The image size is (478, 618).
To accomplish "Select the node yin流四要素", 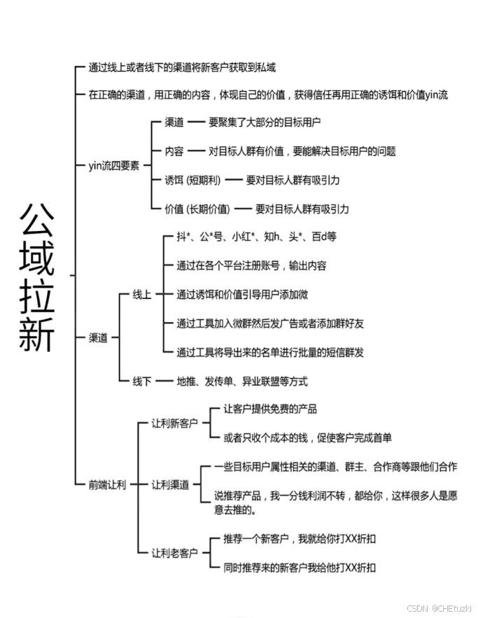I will click(x=114, y=165).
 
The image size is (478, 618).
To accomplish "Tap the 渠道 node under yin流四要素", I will click(x=174, y=122).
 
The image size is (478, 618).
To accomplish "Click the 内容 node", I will click(x=174, y=151).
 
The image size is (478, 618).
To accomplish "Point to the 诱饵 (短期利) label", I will click(x=192, y=180).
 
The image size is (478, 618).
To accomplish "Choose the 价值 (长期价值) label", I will click(x=197, y=209).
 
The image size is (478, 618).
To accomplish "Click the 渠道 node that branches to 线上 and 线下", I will click(x=98, y=337).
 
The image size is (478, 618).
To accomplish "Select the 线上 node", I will click(x=142, y=295).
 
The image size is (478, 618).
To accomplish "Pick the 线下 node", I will click(x=142, y=381).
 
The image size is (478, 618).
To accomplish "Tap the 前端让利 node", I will click(x=107, y=484).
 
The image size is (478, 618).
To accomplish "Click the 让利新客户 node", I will click(x=175, y=423).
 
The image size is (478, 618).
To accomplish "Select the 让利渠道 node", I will click(x=171, y=484).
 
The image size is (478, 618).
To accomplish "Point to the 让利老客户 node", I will click(x=175, y=553).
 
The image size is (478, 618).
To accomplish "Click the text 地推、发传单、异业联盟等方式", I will click(x=242, y=381).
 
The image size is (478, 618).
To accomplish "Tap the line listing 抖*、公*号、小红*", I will click(x=256, y=237).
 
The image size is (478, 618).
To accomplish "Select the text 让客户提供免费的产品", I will click(x=270, y=409).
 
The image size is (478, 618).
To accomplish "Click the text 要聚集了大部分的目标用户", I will click(x=265, y=122).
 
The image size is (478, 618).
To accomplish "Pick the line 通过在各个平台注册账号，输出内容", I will click(x=251, y=266).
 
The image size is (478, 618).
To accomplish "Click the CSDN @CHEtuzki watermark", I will click(x=439, y=608).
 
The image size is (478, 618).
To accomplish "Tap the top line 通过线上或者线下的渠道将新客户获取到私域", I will click(x=182, y=68).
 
